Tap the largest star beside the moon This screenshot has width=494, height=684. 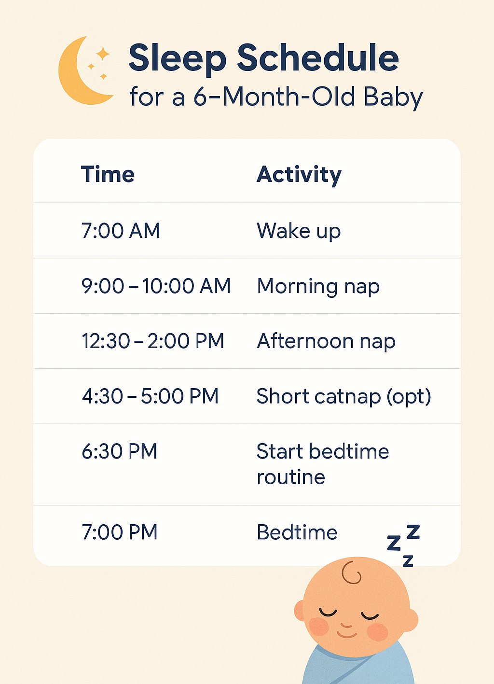(x=103, y=54)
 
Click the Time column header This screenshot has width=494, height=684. (x=108, y=174)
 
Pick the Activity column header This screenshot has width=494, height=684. (x=299, y=175)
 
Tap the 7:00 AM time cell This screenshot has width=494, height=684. (x=121, y=231)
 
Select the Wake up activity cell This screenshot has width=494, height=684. (x=299, y=231)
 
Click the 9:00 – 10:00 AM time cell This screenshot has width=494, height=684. (x=156, y=286)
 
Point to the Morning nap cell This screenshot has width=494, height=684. (x=318, y=286)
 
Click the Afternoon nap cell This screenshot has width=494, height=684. (x=326, y=341)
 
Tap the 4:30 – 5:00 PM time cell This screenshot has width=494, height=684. (x=150, y=396)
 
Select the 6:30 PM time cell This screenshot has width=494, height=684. (x=119, y=451)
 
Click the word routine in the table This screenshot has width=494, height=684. (x=291, y=477)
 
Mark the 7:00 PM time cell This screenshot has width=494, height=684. (x=119, y=532)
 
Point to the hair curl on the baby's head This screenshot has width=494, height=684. (x=351, y=572)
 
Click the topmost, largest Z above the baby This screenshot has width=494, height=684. (x=413, y=531)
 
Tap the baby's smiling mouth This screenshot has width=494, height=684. (x=347, y=635)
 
